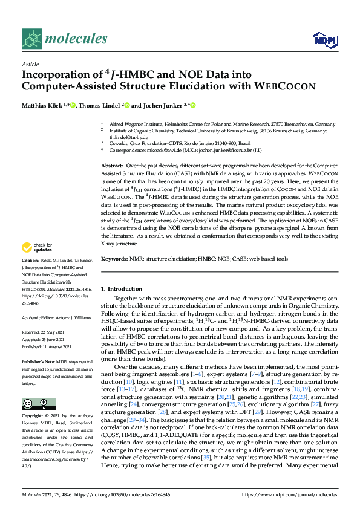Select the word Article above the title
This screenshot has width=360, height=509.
point(30,63)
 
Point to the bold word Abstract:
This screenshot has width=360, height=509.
point(112,166)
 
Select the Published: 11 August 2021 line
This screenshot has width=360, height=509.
point(51,346)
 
